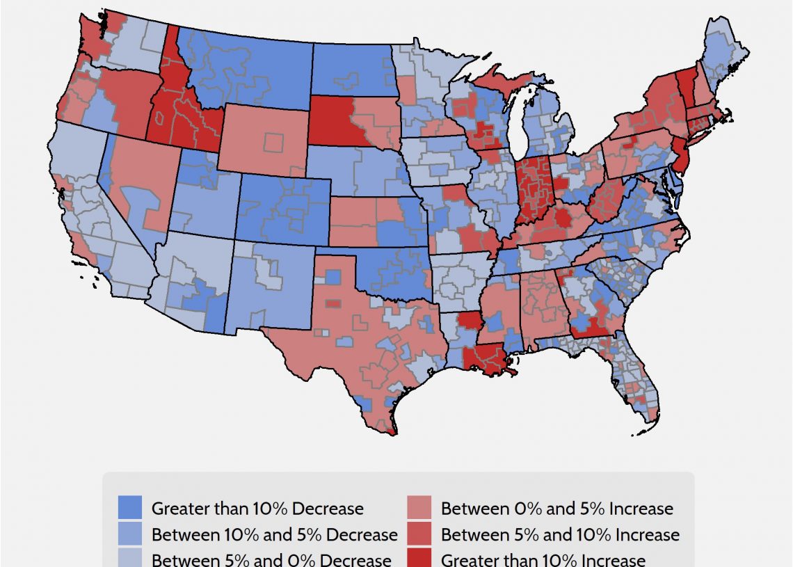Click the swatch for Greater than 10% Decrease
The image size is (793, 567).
point(130,508)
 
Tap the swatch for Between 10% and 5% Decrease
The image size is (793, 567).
point(130,534)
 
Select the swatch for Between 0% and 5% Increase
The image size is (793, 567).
point(419,508)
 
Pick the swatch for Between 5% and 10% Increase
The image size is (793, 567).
point(419,534)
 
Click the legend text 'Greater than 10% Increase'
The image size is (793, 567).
point(543,560)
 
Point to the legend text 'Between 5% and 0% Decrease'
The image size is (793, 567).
point(271,560)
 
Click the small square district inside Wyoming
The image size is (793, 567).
point(274,143)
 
